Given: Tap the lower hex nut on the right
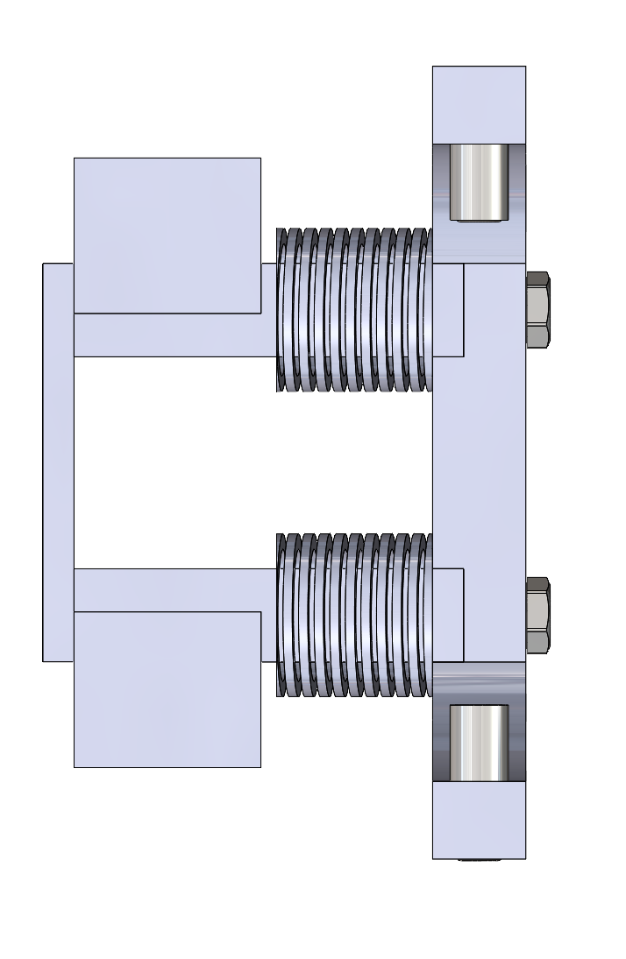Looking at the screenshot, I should [537, 615].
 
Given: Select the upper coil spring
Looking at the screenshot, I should [354, 309].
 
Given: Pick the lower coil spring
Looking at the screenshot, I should [354, 615].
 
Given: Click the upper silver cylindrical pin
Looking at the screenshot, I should [479, 182].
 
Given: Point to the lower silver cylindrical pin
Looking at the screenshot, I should [479, 743].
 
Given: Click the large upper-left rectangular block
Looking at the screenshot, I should [167, 235].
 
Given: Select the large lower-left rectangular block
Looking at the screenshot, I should [167, 689].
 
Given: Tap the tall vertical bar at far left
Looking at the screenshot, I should [58, 462].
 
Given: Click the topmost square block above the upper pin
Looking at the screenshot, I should [479, 103].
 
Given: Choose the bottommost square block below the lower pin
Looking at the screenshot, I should [479, 820].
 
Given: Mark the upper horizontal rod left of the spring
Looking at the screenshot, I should [175, 335].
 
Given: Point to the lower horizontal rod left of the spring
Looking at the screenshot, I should [175, 589].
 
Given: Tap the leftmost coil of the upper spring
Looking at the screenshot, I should [281, 309].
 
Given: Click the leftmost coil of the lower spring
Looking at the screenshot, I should [281, 615].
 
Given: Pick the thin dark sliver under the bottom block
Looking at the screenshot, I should [479, 860].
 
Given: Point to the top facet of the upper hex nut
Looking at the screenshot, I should [537, 279].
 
